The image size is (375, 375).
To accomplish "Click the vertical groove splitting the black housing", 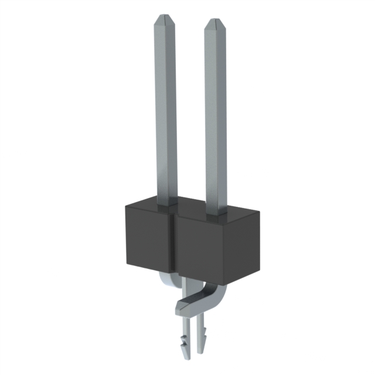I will [x=173, y=246].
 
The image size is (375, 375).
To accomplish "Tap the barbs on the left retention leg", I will [x=187, y=339].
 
